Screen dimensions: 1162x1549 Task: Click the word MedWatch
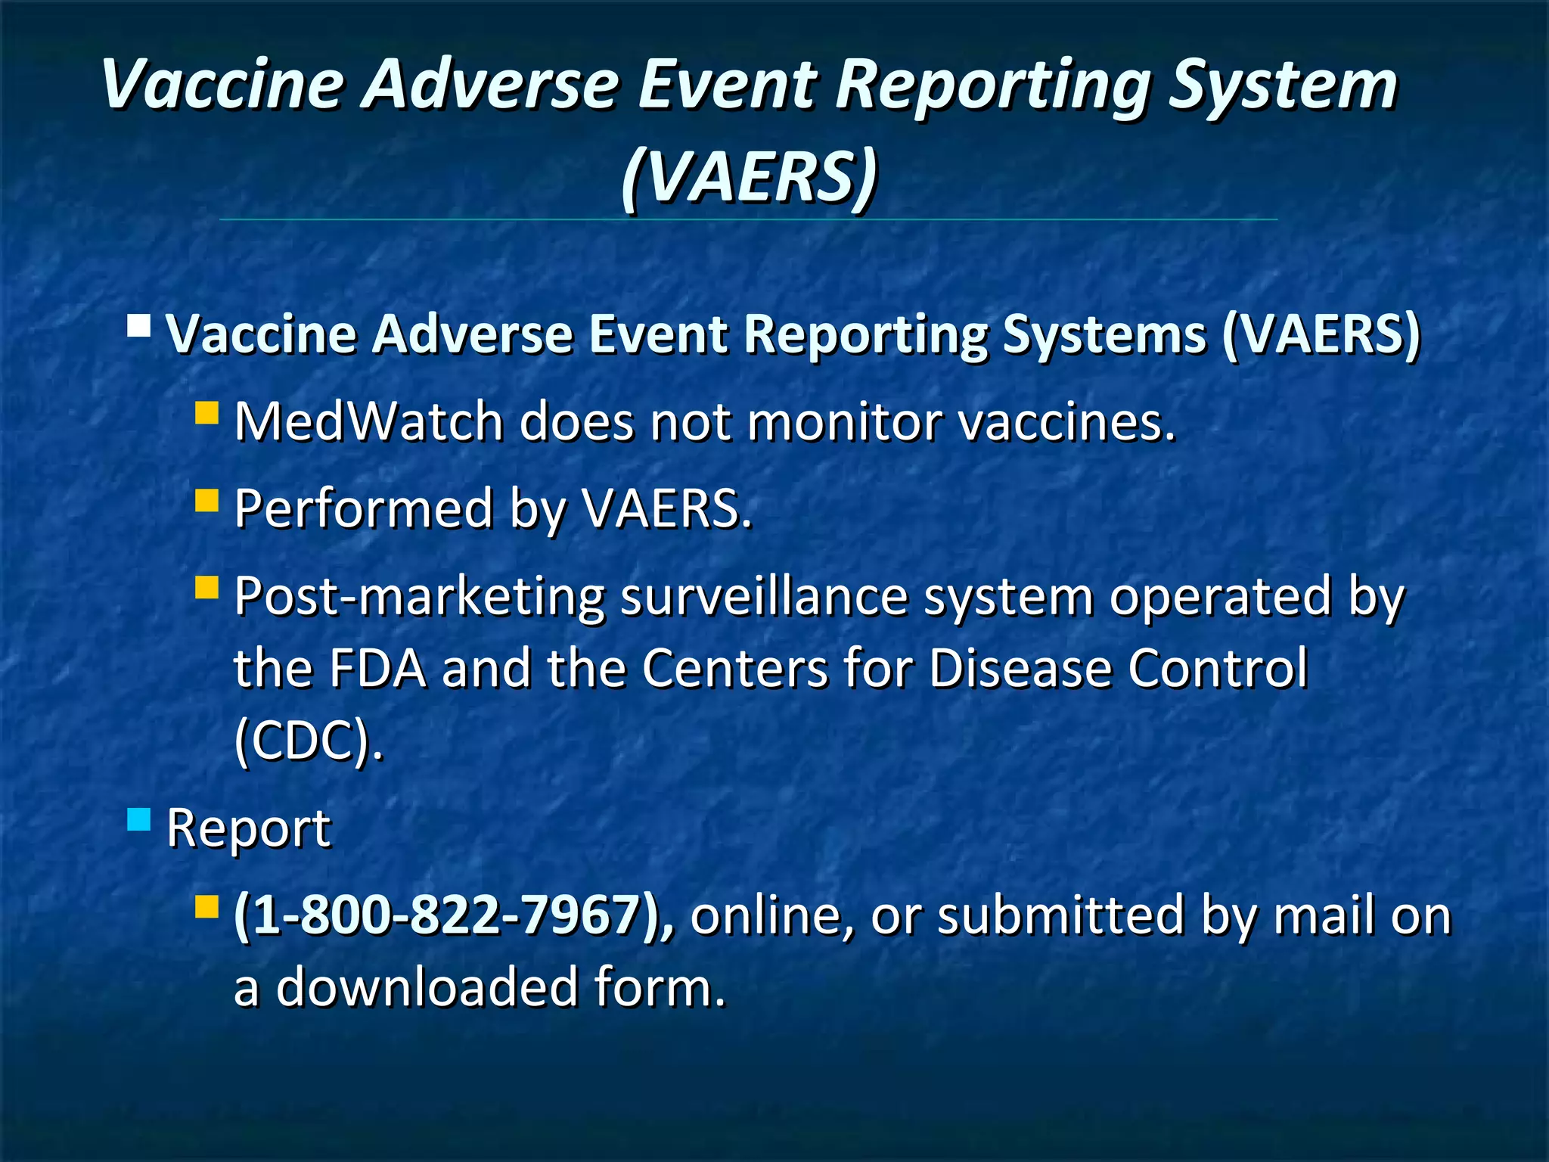(x=368, y=421)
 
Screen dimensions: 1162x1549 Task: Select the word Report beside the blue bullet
(x=248, y=828)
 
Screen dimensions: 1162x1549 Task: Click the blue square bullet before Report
(x=139, y=819)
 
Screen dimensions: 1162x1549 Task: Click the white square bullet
(x=139, y=326)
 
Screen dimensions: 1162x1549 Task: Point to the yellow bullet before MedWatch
(x=206, y=413)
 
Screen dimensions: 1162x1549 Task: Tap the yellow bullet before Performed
(x=206, y=501)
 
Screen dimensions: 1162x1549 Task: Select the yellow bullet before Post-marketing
(x=206, y=588)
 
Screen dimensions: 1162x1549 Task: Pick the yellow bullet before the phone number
(x=206, y=906)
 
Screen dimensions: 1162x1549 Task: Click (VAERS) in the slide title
(x=750, y=176)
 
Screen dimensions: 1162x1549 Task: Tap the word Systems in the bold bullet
(x=1104, y=334)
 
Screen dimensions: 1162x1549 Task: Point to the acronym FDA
(x=377, y=668)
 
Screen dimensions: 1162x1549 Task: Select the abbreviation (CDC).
(x=308, y=741)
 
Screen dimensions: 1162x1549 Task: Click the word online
(x=772, y=915)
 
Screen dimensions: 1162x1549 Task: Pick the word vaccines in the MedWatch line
(x=1067, y=421)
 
